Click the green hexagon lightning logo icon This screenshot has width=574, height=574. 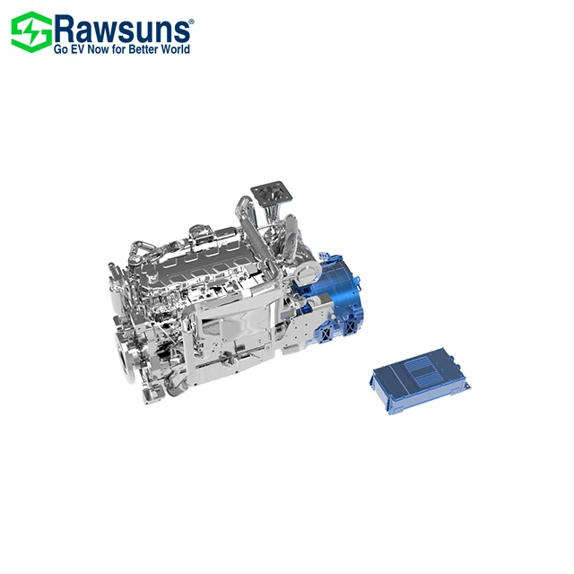(x=30, y=31)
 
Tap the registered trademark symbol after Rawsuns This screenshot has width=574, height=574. (x=189, y=17)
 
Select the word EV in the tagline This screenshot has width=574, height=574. (x=83, y=49)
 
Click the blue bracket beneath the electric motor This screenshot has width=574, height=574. (x=332, y=332)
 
